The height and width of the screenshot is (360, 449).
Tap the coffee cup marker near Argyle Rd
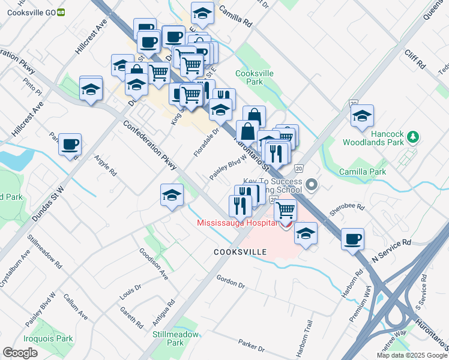[x=70, y=145]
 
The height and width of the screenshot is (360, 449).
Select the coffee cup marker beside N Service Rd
[x=352, y=239]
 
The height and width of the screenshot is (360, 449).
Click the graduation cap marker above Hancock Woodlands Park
[x=363, y=116]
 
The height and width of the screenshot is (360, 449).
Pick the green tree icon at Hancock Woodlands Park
[x=412, y=137]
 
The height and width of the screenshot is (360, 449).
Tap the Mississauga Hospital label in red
[x=237, y=224]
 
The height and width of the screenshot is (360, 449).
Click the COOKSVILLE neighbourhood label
[x=240, y=253]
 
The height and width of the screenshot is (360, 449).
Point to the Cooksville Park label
[x=255, y=77]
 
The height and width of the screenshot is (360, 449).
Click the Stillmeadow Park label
[x=167, y=339]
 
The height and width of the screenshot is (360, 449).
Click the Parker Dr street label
[x=251, y=347]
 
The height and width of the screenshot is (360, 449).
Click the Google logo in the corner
[x=20, y=353]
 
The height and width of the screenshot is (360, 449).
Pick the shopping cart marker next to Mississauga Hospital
[x=286, y=210]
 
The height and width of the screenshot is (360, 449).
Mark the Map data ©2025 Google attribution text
[x=411, y=355]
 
